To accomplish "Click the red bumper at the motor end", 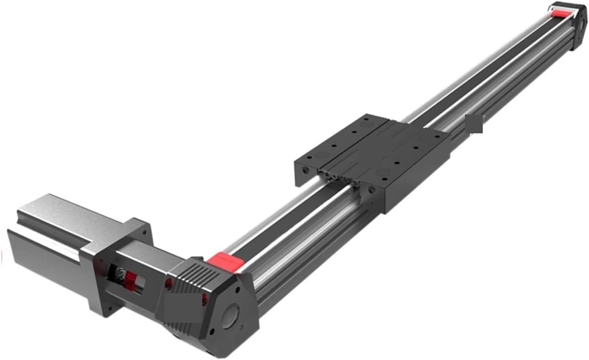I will tap(224, 261).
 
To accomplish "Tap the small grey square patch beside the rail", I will tap(475, 124).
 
